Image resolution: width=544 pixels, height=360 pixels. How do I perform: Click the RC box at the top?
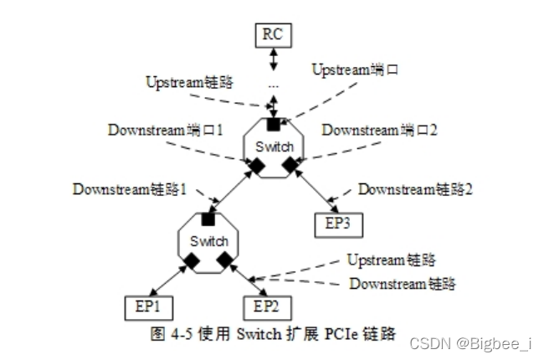click(273, 35)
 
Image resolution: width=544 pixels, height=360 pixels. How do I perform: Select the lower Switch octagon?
click(209, 241)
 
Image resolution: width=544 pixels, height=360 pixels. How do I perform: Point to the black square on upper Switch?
click(274, 126)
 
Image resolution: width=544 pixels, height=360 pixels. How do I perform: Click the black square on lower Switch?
click(208, 219)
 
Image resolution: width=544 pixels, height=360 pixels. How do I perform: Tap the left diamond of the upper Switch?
click(258, 167)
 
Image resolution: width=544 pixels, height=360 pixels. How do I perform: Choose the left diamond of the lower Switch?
click(192, 262)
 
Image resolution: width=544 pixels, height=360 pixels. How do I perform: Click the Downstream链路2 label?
click(416, 189)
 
